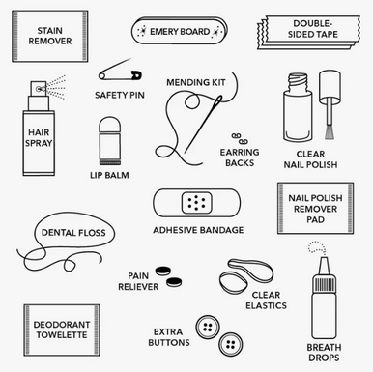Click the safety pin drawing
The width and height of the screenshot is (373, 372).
click(120, 72)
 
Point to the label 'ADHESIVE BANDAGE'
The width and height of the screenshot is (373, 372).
click(197, 230)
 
